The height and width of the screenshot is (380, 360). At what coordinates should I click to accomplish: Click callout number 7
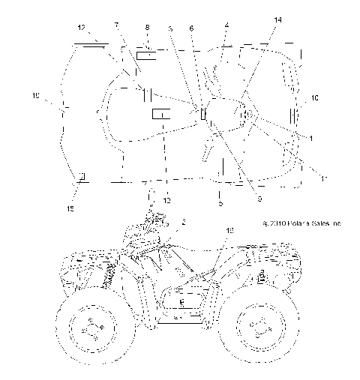point(116,25)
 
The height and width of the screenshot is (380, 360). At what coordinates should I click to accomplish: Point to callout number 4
point(226,26)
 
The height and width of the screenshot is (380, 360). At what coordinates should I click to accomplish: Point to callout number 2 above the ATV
point(183,223)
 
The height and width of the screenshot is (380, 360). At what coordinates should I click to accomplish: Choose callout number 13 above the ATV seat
point(229,232)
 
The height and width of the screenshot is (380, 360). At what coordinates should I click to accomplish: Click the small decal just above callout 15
point(82,176)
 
